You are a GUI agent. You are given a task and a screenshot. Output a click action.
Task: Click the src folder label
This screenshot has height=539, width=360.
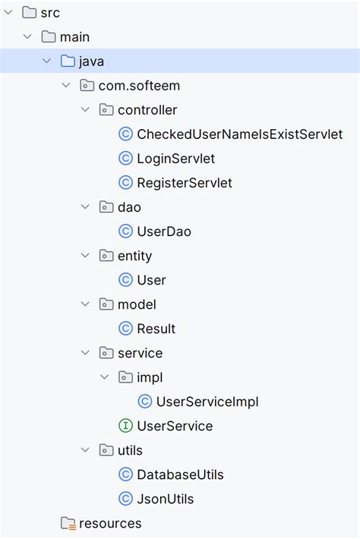(x=51, y=13)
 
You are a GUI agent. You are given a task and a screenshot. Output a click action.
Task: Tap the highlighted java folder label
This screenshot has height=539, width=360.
(x=91, y=61)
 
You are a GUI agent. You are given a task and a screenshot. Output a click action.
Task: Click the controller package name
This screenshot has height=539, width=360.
(x=147, y=109)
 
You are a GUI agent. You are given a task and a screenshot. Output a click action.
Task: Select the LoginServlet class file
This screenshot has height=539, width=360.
(x=175, y=158)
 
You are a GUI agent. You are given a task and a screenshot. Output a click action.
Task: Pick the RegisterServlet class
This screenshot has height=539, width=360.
(x=185, y=182)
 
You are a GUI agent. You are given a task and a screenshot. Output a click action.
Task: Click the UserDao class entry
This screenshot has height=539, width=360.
(x=164, y=231)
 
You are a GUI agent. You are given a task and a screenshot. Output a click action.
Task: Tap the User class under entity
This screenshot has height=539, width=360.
(x=151, y=279)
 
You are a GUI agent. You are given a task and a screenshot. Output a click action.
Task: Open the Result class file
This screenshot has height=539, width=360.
(x=156, y=328)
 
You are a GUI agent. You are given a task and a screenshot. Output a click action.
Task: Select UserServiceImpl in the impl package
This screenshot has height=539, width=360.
(x=207, y=402)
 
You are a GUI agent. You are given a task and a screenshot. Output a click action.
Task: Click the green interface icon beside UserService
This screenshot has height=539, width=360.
(x=126, y=426)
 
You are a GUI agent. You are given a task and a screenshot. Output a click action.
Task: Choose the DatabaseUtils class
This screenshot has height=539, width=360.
(x=180, y=474)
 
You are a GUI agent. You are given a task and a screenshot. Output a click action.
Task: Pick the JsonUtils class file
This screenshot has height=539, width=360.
(x=166, y=499)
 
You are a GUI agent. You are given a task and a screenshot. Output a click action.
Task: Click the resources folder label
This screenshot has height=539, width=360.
(x=110, y=523)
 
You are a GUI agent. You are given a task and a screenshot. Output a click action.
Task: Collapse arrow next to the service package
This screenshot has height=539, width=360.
(x=85, y=353)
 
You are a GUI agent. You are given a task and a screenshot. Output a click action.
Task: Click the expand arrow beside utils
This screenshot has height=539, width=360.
(x=85, y=450)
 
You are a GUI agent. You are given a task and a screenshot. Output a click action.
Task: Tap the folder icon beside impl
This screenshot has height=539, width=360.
(x=124, y=377)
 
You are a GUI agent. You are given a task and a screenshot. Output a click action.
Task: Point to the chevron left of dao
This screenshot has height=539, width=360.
(x=85, y=206)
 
